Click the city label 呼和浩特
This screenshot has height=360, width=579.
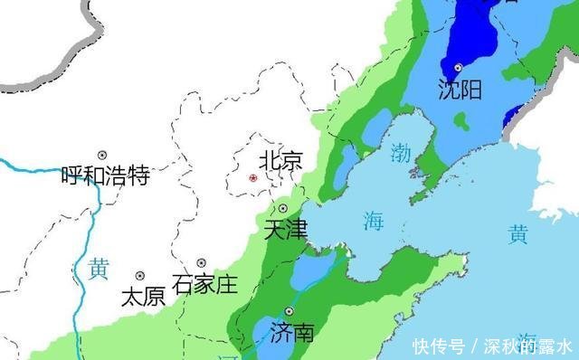105,175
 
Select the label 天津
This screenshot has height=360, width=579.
285,229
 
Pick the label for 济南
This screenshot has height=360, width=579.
291,332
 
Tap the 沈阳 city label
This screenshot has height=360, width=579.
460,89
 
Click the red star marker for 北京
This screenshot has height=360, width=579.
252,178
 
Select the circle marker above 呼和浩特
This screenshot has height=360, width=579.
103,155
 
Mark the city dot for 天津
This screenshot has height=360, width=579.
281,209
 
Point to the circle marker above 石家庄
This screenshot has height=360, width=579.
201,263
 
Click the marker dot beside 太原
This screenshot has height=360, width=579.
140,275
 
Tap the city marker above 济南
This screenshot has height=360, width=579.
289,311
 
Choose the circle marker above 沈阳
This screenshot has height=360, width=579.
460,68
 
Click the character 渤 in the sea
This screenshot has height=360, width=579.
401,153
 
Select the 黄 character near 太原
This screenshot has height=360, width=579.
99,269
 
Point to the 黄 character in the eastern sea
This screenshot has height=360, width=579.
517,235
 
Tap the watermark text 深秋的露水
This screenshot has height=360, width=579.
526,346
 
